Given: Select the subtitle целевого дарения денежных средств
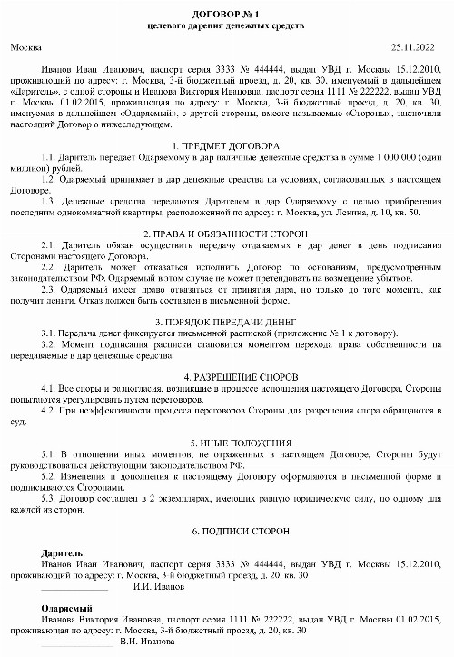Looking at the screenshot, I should (227, 27).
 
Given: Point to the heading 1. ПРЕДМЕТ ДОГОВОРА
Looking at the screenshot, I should (227, 145).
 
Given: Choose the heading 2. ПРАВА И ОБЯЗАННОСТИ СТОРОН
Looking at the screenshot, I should (227, 234).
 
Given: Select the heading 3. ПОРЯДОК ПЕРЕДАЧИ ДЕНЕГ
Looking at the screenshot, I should (227, 322).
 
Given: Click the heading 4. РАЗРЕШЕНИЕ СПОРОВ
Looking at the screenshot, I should (227, 376).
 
